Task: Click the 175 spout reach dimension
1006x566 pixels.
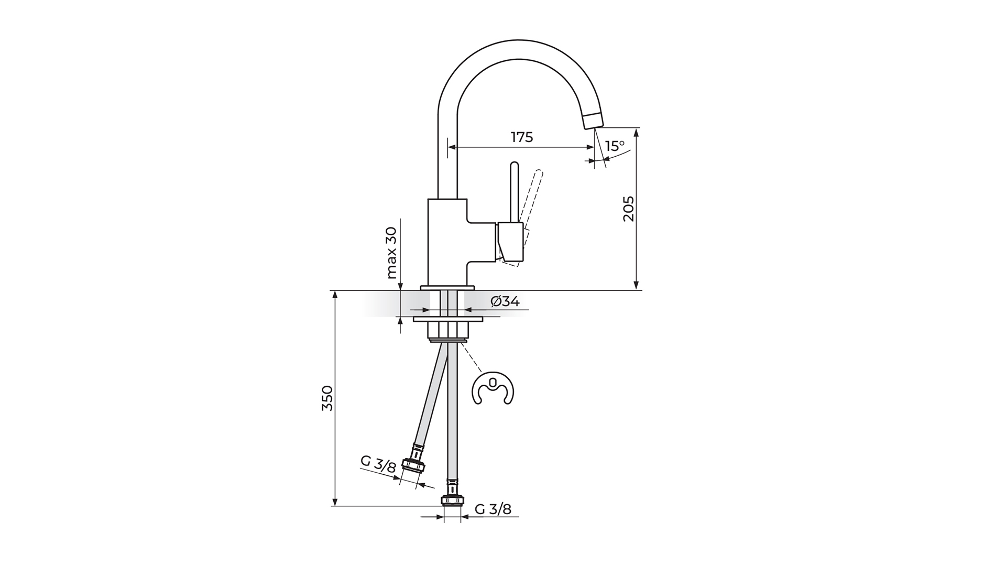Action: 522,137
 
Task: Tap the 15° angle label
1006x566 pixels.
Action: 615,146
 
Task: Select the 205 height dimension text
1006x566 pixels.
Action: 629,209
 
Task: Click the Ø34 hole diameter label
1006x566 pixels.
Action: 505,301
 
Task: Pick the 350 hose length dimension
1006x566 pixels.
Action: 327,398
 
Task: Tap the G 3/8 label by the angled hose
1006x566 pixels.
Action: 378,464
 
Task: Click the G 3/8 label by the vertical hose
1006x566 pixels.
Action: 493,509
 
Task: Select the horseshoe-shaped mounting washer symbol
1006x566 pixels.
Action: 494,389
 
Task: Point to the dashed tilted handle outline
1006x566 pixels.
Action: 533,201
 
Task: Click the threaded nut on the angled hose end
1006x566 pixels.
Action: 413,465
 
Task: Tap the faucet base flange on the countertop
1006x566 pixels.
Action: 447,287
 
